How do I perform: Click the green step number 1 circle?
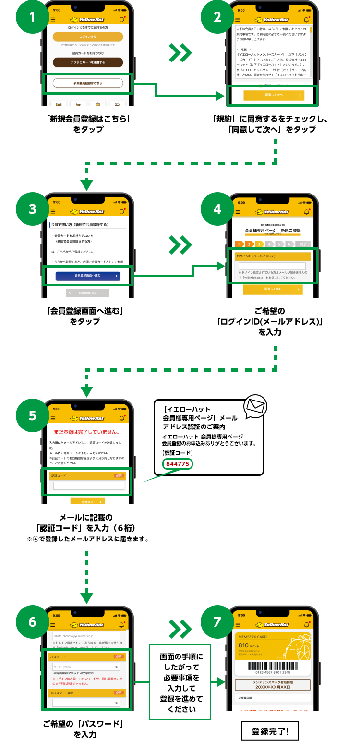point(32,17)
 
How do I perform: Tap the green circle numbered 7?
point(217,622)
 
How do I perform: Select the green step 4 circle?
point(217,209)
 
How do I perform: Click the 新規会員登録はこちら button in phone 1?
point(88,83)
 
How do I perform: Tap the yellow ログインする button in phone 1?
point(88,37)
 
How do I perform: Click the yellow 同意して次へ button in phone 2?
point(274,95)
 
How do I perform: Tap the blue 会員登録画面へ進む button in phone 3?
point(87,276)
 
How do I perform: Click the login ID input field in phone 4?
point(272,266)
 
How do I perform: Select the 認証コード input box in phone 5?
point(88,486)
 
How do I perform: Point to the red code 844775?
point(178,464)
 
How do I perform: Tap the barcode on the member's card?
point(273,667)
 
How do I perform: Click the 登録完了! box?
point(270,731)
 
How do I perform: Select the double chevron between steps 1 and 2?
point(180,53)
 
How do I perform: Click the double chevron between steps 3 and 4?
point(180,245)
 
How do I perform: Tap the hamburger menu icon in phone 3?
point(53,212)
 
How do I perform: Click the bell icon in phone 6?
point(122,625)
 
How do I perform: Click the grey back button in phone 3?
point(87,293)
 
